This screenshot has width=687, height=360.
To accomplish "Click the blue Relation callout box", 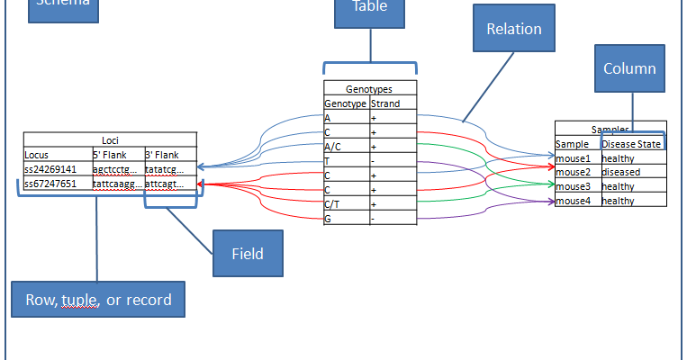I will pos(514,30).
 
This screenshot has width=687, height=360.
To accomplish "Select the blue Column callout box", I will pos(629,68).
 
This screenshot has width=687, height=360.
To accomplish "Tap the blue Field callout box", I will pos(248,253).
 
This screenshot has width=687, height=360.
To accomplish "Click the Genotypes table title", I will pos(370,89).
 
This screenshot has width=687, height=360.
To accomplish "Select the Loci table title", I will pos(110,140).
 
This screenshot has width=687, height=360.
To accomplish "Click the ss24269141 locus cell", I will pos(57,168).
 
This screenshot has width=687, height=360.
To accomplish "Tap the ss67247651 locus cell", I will pos(57,183).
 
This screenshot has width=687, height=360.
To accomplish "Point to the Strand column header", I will pos(393,103).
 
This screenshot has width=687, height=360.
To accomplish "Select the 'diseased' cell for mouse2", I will pos(633,172).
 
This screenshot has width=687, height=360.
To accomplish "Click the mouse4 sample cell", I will pos(577,201).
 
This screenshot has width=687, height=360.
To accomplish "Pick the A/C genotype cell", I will pos(346,146).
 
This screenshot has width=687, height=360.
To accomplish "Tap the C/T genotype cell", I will pos(346,203).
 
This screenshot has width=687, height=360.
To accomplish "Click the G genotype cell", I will pos(346,218).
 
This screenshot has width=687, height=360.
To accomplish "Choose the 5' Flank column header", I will pos(117,155).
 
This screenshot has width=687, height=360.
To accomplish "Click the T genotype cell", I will pos(346,160).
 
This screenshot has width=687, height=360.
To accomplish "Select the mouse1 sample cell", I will pos(577,157).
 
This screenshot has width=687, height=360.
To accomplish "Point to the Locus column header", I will pos(57,155).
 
